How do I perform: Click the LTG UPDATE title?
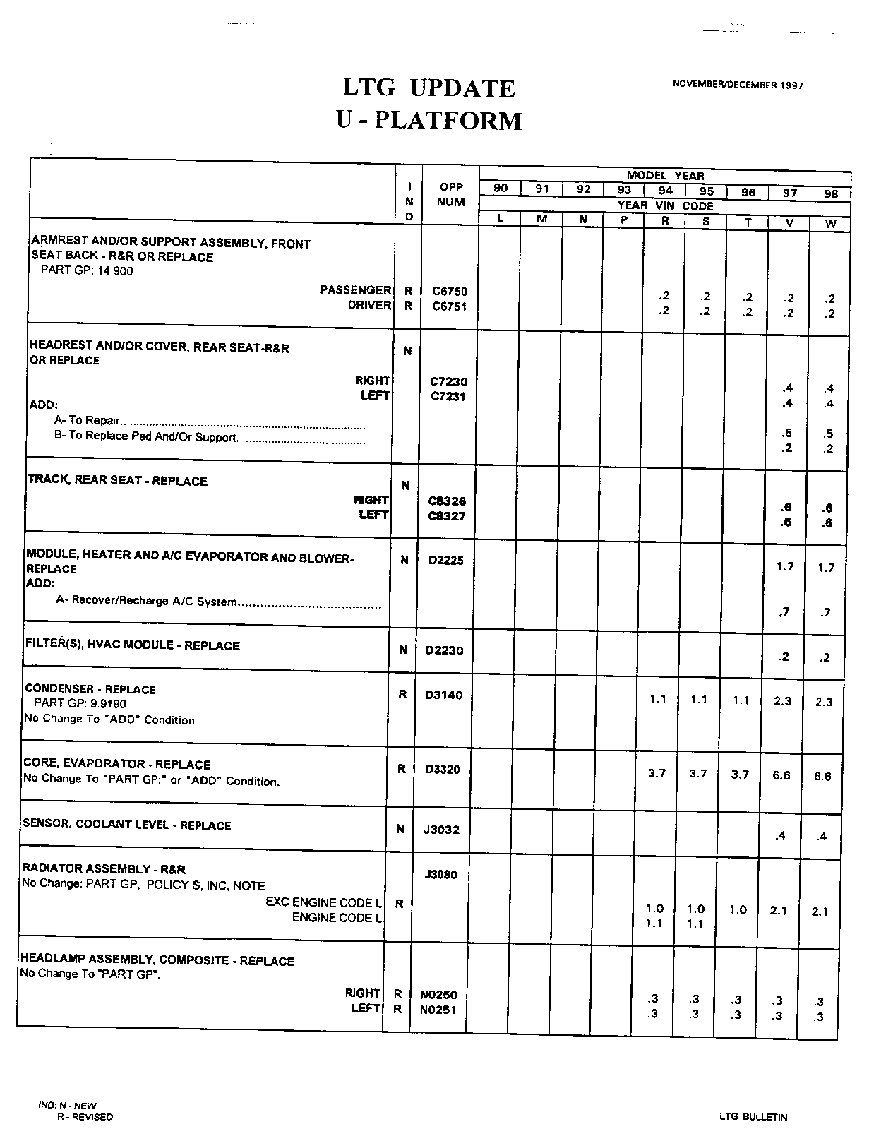429,88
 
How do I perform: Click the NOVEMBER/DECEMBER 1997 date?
738,85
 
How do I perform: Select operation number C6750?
450,291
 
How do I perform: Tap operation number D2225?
446,561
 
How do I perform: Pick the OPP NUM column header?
451,194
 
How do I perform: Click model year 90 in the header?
501,189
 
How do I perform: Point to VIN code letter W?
830,223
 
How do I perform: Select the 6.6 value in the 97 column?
781,775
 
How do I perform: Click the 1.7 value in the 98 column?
826,567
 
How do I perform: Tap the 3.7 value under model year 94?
657,773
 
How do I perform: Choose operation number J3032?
442,830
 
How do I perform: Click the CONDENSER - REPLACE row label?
90,689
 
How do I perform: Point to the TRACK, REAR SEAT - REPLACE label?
118,481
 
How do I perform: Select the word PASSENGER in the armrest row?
355,290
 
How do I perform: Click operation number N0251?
438,1010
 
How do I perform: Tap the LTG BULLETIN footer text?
753,1117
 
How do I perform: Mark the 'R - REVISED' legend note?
85,1117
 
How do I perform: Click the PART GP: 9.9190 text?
80,703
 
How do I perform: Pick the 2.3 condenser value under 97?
783,701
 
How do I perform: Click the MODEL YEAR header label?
665,176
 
